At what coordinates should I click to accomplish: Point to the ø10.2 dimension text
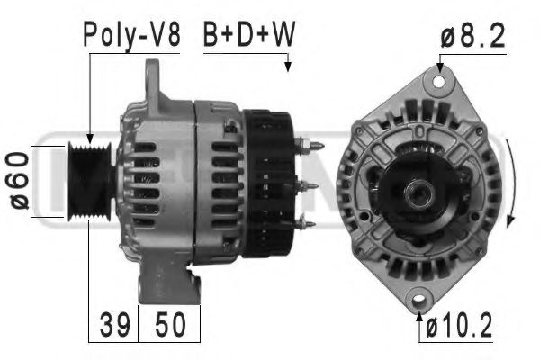[x=460, y=328]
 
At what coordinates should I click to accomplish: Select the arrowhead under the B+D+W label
[x=288, y=65]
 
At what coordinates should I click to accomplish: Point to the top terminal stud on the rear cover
[x=310, y=145]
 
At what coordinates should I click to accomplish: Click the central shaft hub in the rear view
[x=418, y=190]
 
